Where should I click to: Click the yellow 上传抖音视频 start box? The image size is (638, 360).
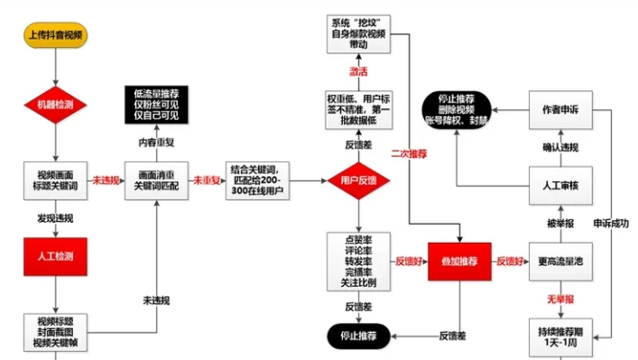pyautogui.click(x=56, y=35)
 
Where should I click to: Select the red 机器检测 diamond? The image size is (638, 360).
pyautogui.click(x=56, y=106)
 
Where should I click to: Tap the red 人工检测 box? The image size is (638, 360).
pyautogui.click(x=56, y=255)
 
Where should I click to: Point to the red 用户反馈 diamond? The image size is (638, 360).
pyautogui.click(x=358, y=180)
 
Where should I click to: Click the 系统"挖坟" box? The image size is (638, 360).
pyautogui.click(x=358, y=33)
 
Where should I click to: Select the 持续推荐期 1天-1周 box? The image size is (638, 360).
pyautogui.click(x=556, y=337)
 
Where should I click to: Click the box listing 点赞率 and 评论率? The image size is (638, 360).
pyautogui.click(x=358, y=261)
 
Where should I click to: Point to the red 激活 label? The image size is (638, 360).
pyautogui.click(x=358, y=71)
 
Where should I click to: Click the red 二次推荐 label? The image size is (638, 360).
pyautogui.click(x=408, y=154)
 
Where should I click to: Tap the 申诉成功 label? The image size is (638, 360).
pyautogui.click(x=610, y=222)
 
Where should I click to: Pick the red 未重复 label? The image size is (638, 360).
pyautogui.click(x=209, y=180)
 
